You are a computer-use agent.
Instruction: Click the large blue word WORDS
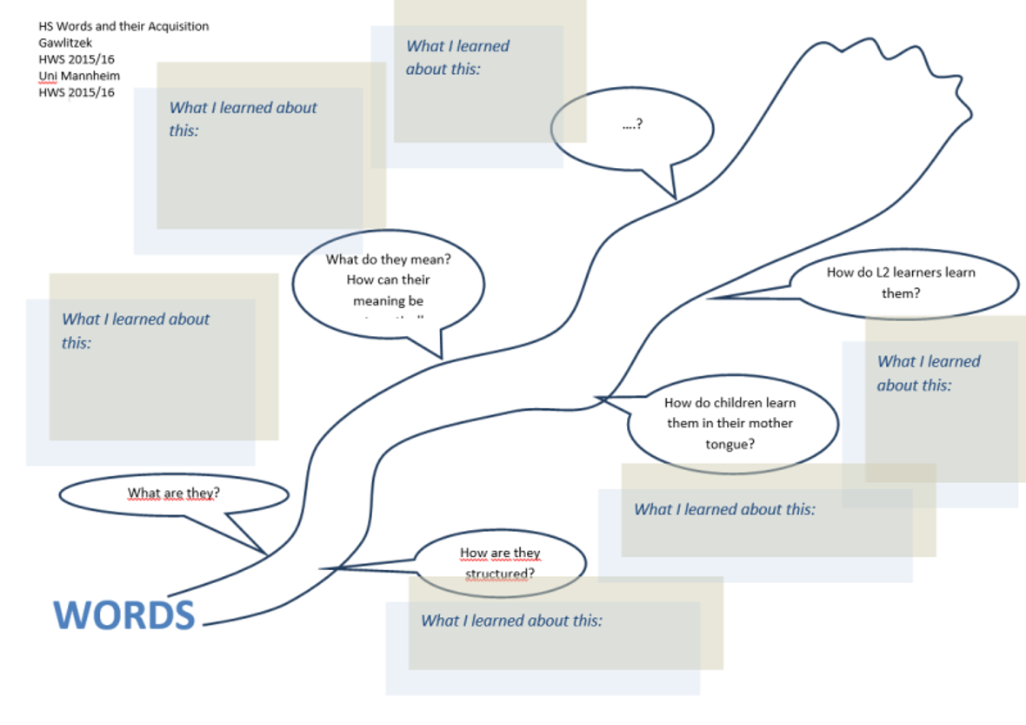(x=124, y=614)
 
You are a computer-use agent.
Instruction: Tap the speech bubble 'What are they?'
(x=173, y=493)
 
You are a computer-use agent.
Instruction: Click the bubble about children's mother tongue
(x=730, y=424)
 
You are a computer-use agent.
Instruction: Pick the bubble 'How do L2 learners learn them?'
(x=901, y=283)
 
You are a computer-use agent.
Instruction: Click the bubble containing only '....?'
(x=632, y=125)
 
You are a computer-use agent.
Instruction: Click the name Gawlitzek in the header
(x=66, y=43)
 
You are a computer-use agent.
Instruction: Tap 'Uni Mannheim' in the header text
(x=79, y=76)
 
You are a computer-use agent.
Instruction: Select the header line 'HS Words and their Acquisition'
(x=123, y=26)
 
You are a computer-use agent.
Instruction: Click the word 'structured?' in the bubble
(x=499, y=574)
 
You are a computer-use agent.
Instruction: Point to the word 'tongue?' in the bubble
(x=730, y=444)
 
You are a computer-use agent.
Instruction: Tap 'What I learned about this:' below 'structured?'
(x=511, y=621)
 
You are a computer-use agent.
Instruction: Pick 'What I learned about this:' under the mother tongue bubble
(x=724, y=509)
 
